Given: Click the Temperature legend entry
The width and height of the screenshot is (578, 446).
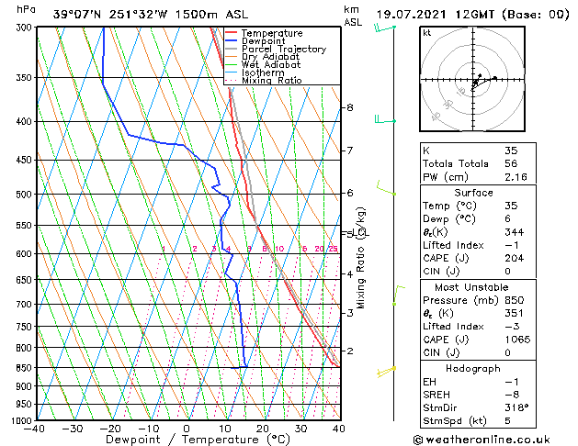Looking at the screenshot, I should click(x=272, y=33).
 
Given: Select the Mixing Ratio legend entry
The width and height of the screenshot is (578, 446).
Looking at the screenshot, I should click(x=271, y=81).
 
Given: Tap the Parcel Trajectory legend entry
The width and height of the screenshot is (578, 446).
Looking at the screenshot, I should click(x=283, y=50).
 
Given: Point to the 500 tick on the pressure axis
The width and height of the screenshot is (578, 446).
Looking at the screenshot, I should click(x=25, y=195).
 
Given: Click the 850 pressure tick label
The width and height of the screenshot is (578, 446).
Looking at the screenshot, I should click(x=25, y=368).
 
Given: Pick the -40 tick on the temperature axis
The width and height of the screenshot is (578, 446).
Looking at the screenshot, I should click(x=36, y=429).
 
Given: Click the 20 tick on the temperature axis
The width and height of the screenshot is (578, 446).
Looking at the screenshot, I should click(x=263, y=429).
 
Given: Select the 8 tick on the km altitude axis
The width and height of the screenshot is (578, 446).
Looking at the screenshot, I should click(x=350, y=108).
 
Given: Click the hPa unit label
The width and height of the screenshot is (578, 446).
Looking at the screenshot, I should click(x=27, y=9).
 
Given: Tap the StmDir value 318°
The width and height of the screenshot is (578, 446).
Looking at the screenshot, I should click(x=516, y=407).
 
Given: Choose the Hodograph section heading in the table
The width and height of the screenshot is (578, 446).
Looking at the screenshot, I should click(x=472, y=367).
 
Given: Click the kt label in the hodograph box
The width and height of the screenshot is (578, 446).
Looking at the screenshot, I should click(x=426, y=32).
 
